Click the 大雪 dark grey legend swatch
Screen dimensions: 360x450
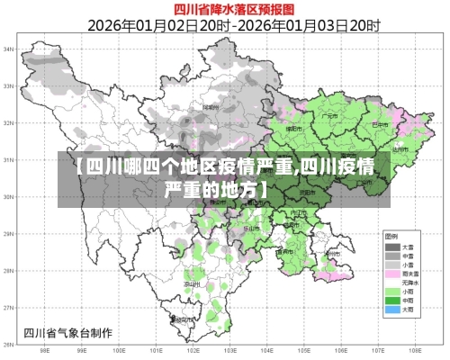pyautogui.click(x=392, y=246)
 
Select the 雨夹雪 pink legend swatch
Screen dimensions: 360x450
pyautogui.click(x=392, y=273)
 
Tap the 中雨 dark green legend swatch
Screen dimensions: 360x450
pyautogui.click(x=392, y=299)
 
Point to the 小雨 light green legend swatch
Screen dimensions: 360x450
pyautogui.click(x=392, y=290)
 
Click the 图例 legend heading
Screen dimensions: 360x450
pyautogui.click(x=393, y=236)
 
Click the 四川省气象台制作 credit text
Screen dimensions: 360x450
pyautogui.click(x=68, y=332)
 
